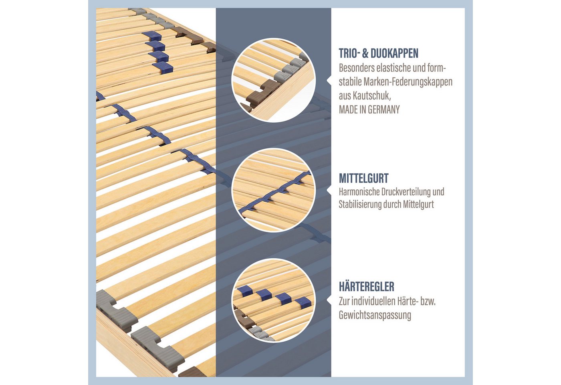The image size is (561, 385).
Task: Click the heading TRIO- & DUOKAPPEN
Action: pyautogui.click(x=378, y=53)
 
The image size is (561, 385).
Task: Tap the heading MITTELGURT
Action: pyautogui.click(x=364, y=178)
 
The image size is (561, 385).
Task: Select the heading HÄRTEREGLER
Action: pyautogui.click(x=366, y=287)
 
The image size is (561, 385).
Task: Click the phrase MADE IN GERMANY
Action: pyautogui.click(x=369, y=109)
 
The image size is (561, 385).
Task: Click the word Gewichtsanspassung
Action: pyautogui.click(x=375, y=316)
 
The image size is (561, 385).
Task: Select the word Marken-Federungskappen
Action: pyautogui.click(x=408, y=82)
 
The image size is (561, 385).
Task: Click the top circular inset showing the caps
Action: pyautogui.click(x=273, y=80)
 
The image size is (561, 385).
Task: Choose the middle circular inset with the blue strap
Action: pyautogui.click(x=273, y=190)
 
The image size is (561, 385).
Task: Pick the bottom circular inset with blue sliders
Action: pyautogui.click(x=273, y=300)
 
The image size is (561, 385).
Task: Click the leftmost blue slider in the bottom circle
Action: pyautogui.click(x=245, y=290)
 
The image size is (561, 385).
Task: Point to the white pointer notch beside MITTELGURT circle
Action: pyautogui.click(x=329, y=190)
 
